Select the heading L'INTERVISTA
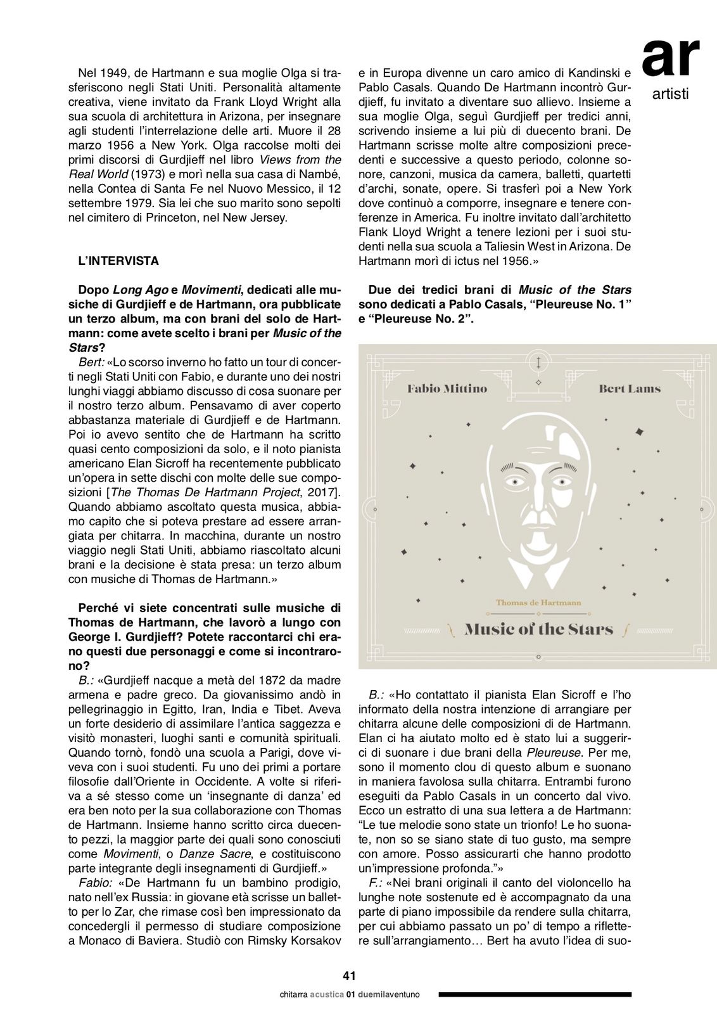tap(118, 260)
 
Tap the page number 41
tap(349, 976)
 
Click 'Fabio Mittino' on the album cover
tap(447, 388)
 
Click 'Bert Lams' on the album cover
tap(630, 388)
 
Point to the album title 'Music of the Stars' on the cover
tap(539, 629)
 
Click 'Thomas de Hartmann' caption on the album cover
tap(538, 602)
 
